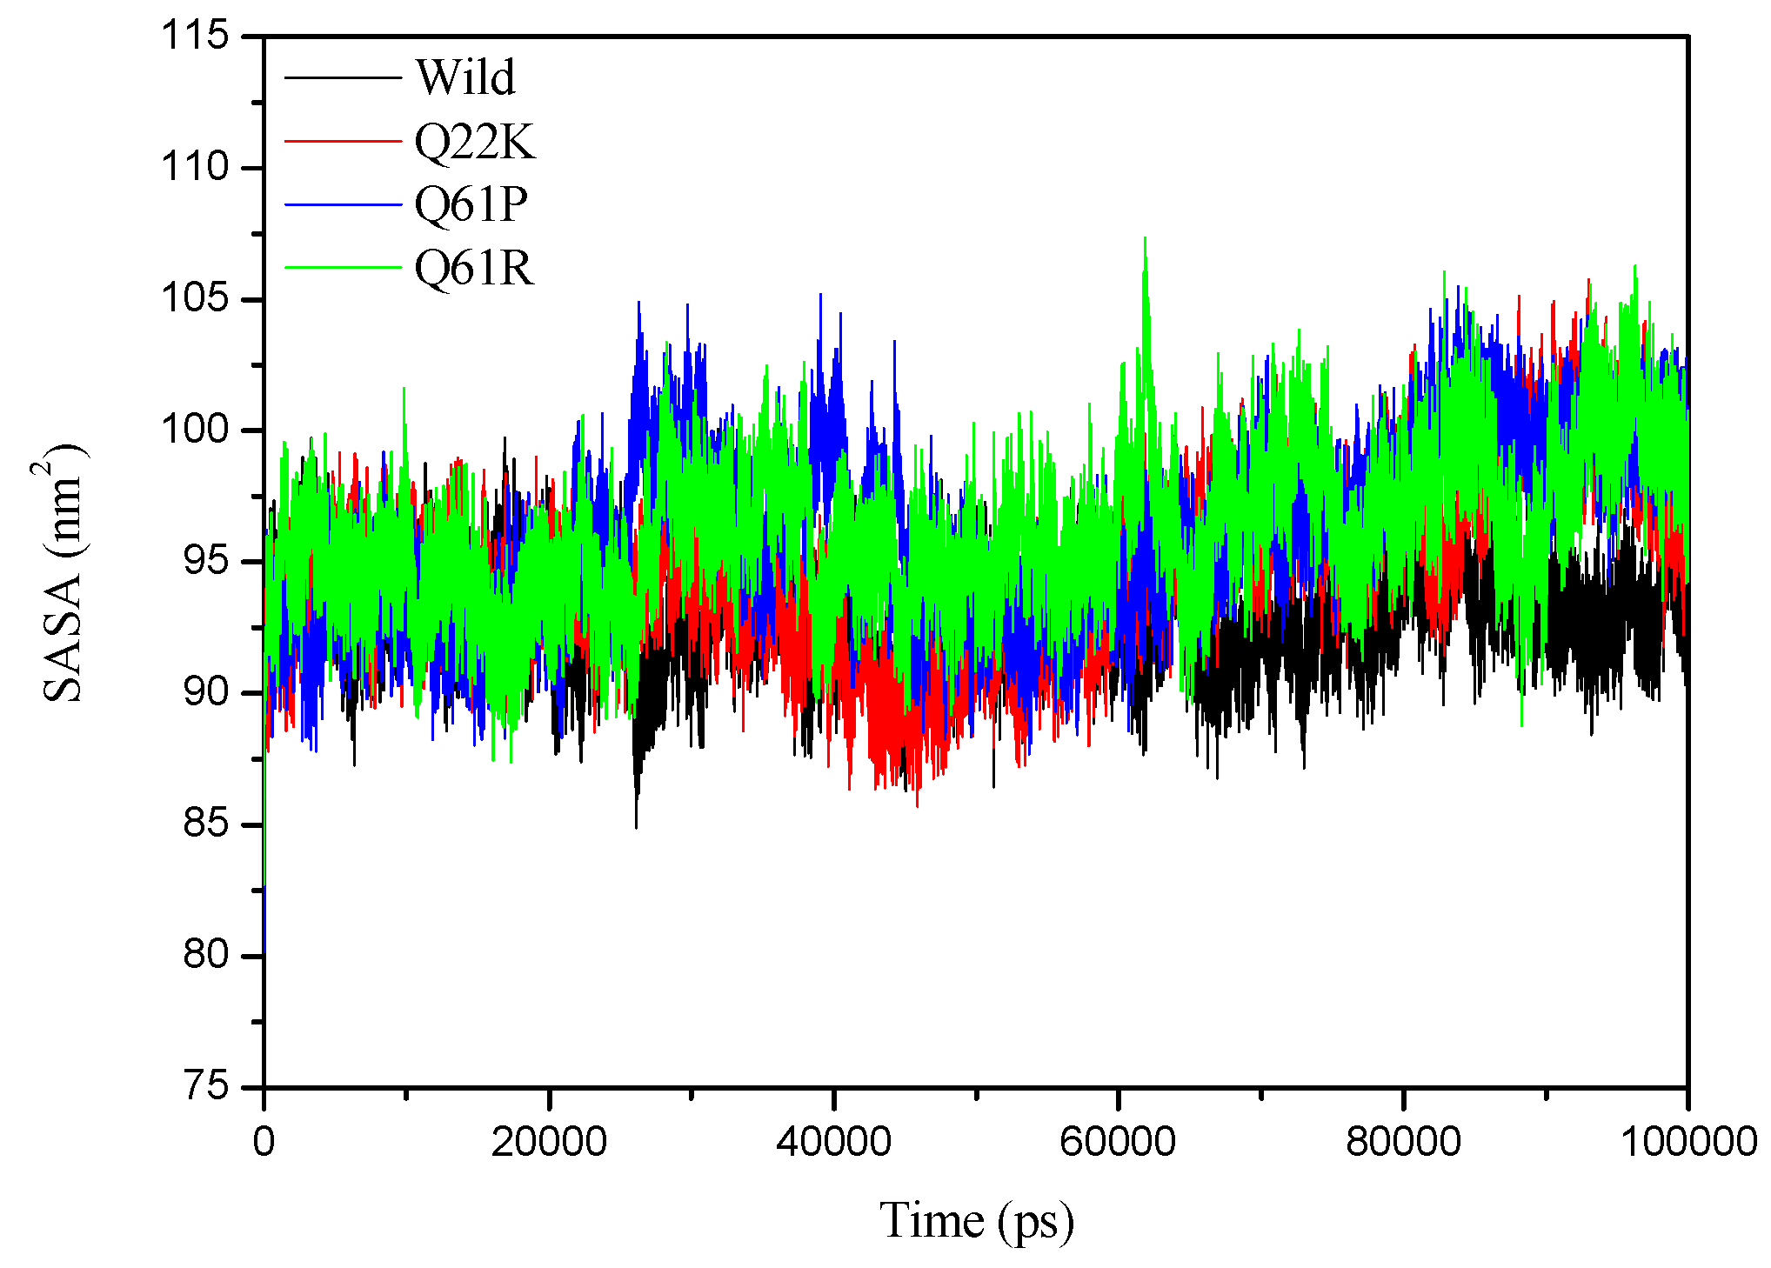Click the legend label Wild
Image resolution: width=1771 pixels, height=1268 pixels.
coord(465,77)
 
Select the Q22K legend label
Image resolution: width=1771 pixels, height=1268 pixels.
coord(475,141)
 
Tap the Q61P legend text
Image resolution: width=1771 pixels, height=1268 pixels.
coord(471,204)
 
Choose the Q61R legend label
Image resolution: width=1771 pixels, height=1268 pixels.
coord(473,267)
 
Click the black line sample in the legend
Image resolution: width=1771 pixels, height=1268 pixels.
coord(343,78)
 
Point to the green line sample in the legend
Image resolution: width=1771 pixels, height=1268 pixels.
coord(343,268)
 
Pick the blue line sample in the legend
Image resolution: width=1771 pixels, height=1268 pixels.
coord(343,205)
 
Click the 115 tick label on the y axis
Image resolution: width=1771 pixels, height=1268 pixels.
coord(194,36)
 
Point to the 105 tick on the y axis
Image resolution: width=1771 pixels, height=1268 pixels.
coord(194,298)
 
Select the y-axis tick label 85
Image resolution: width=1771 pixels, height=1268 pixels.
coord(205,824)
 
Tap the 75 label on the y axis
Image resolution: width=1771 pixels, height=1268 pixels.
coord(205,1086)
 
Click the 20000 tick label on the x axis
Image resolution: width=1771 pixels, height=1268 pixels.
coord(549,1141)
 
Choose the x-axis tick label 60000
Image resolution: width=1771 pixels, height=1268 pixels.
coord(1118,1141)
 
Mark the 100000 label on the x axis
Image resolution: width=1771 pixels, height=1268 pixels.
coord(1687,1141)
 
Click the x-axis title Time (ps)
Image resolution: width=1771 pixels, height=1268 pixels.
coord(976,1220)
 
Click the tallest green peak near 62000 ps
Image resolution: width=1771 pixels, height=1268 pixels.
coord(1145,238)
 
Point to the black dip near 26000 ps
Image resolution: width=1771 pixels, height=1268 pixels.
coord(636,824)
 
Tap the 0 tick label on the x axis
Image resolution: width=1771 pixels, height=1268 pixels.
coord(264,1141)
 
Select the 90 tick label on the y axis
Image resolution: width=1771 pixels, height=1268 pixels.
coord(205,692)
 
